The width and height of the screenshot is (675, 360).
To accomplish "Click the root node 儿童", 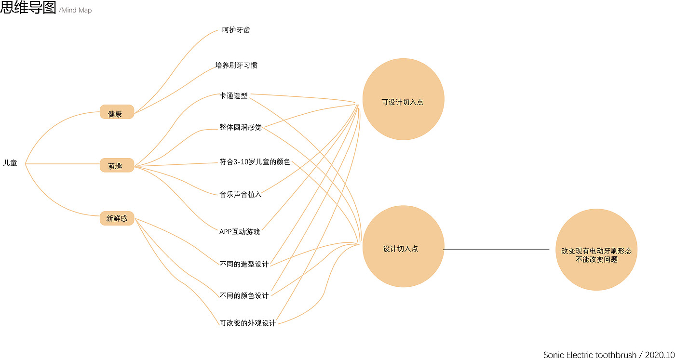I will (10, 163).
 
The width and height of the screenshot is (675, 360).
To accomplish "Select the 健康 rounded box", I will (116, 114).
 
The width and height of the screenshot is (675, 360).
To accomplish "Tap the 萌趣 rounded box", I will (116, 166).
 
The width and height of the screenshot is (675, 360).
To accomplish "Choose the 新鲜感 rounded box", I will (117, 218).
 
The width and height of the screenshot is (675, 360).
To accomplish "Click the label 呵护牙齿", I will (236, 30).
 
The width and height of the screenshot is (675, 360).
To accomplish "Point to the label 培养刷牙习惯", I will (236, 65).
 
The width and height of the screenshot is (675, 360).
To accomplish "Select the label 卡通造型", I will (234, 96).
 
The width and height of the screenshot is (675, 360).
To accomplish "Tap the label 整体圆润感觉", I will (241, 128).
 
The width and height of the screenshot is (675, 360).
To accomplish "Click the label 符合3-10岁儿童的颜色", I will (255, 162).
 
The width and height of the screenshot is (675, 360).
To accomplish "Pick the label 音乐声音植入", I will (241, 195).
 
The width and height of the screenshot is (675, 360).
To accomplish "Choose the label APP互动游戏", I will (240, 232).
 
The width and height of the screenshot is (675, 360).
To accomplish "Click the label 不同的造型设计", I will (244, 264).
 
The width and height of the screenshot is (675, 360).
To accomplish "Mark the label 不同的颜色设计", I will (244, 295).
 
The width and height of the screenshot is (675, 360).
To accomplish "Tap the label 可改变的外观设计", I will (247, 323).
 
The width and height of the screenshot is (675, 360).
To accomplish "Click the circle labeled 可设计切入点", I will (403, 100).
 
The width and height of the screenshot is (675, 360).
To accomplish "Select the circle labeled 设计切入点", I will (403, 247).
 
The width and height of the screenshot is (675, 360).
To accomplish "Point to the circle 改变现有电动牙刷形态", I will (596, 250).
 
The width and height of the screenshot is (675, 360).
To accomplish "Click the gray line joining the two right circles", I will (497, 250).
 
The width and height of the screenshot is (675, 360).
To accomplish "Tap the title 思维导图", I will (28, 8).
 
